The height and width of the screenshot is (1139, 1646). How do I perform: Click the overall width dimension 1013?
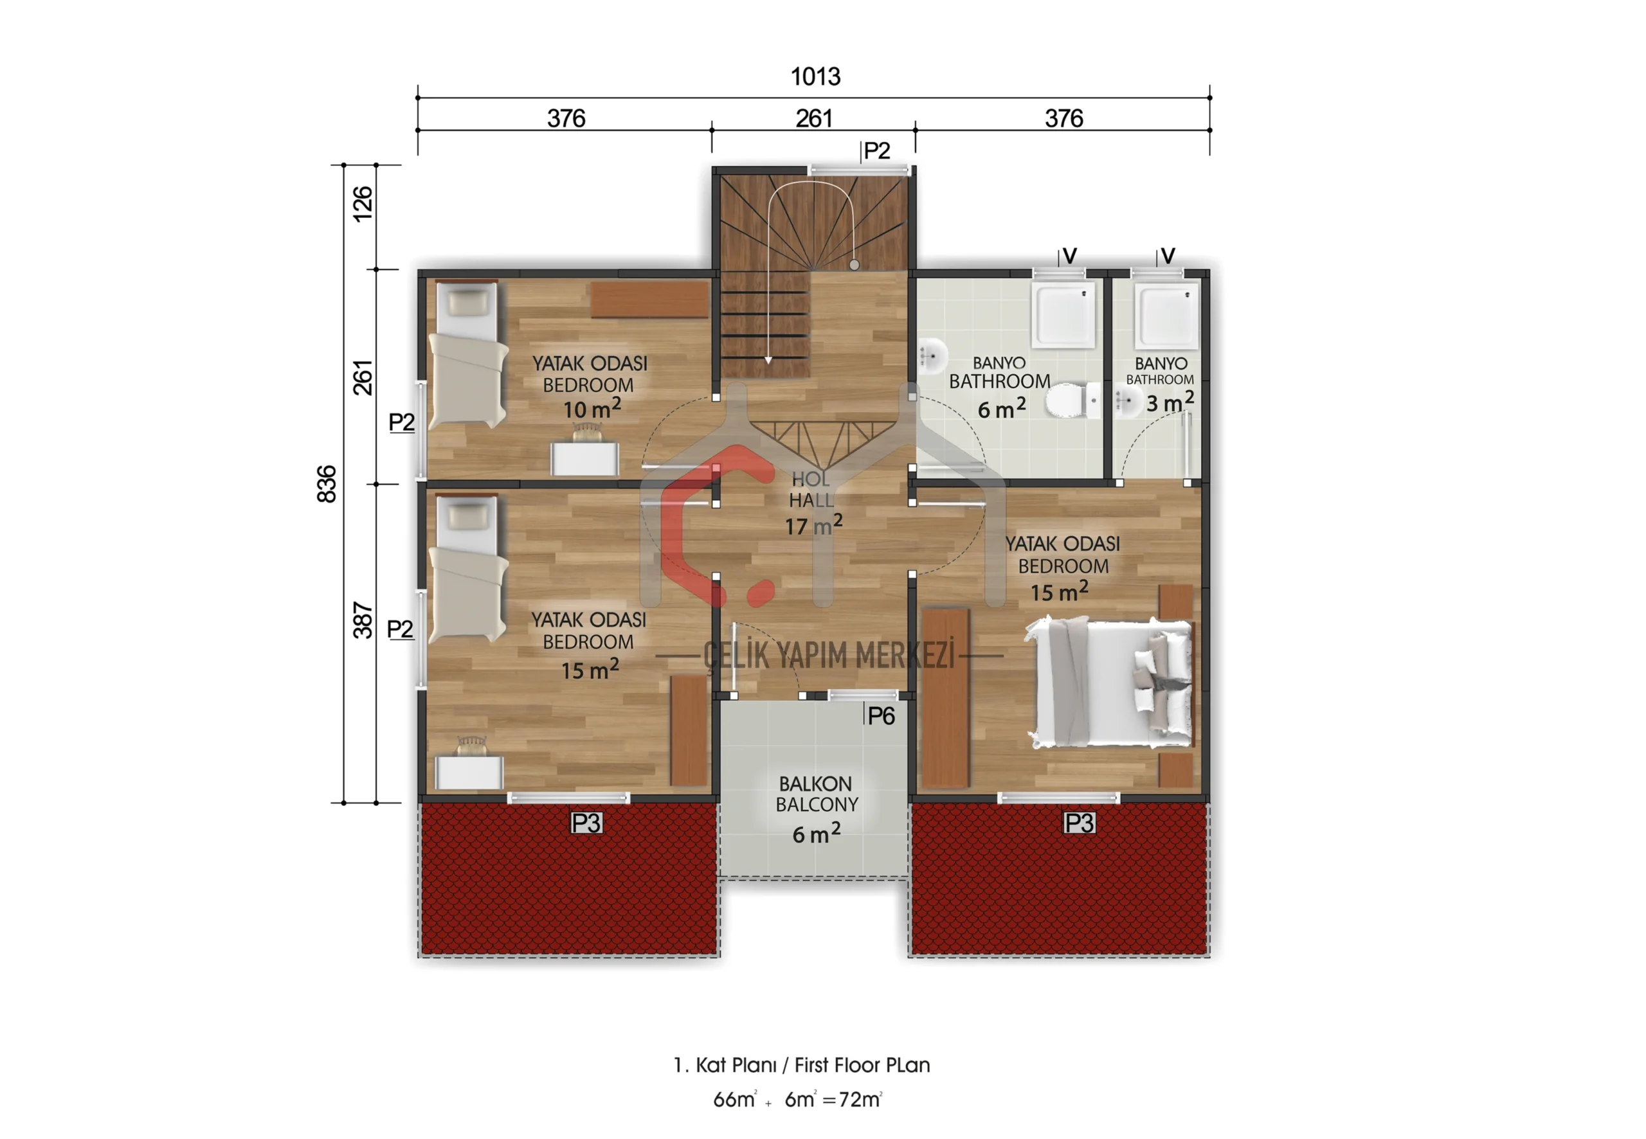tap(815, 76)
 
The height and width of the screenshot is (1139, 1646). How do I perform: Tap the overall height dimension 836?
tap(326, 484)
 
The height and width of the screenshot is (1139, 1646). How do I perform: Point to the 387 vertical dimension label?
tap(363, 620)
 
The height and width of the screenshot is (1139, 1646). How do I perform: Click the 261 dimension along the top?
tap(814, 118)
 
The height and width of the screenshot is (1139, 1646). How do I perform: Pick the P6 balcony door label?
tap(881, 716)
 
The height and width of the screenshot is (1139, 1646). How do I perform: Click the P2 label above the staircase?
tap(876, 150)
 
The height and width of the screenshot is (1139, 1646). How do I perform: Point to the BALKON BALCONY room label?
tap(816, 794)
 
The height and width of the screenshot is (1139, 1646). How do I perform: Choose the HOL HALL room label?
tap(811, 490)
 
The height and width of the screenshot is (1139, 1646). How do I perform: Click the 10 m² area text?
tap(592, 408)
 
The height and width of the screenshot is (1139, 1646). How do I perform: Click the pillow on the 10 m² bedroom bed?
tap(467, 303)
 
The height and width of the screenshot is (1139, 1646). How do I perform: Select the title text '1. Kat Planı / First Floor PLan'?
tap(802, 1065)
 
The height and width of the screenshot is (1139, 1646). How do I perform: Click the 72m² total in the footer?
tap(860, 1099)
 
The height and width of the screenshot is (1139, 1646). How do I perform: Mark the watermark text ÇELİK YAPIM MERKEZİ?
tap(829, 655)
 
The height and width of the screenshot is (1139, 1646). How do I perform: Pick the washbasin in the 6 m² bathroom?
tap(932, 355)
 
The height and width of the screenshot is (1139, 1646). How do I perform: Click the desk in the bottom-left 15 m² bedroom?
tap(469, 772)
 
